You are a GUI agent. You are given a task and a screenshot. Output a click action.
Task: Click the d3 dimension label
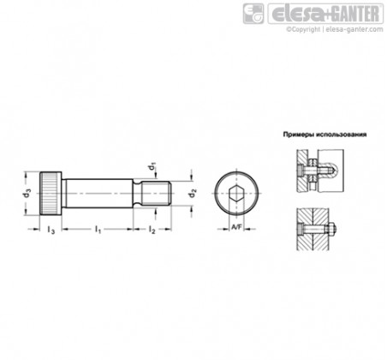(x=27, y=194)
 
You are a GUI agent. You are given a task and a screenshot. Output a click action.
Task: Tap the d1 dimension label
(x=152, y=165)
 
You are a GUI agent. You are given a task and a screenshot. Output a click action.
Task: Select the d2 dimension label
(x=193, y=194)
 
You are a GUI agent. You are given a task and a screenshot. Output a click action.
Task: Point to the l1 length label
(x=98, y=229)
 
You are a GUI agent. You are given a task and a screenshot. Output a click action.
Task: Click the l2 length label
(x=152, y=229)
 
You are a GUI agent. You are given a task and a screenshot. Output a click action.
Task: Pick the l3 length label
(x=51, y=230)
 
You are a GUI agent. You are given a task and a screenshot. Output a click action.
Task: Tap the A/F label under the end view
(x=236, y=227)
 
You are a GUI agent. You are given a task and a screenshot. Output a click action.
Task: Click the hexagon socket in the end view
(x=236, y=194)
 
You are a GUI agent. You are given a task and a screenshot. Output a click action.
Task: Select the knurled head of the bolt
(x=51, y=194)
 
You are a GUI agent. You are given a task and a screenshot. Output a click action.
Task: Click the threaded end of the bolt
(x=157, y=194)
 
